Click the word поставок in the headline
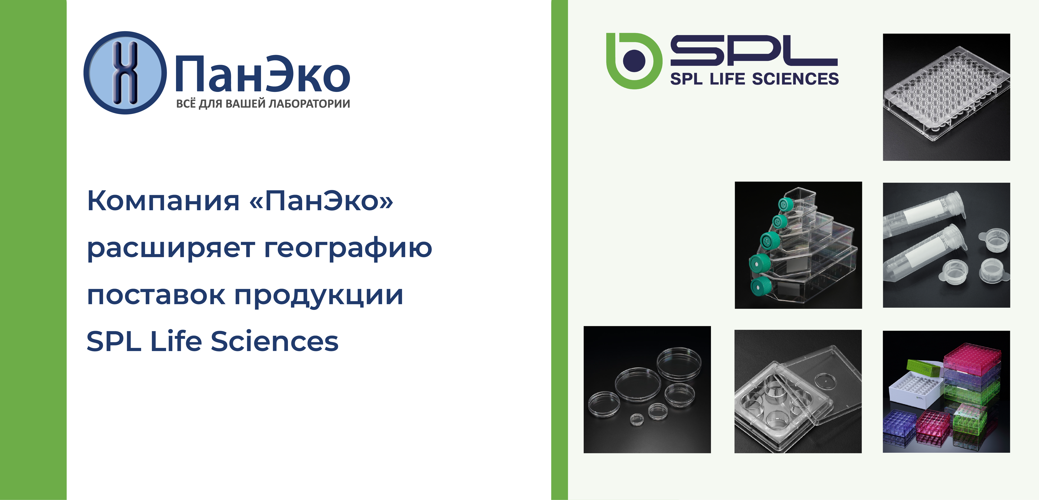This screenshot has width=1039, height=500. (x=156, y=295)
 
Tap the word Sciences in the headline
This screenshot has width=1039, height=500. (x=274, y=341)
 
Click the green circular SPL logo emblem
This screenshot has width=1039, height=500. (x=634, y=60)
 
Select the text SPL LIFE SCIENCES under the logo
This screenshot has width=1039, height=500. (x=754, y=79)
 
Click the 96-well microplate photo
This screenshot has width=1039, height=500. (x=946, y=97)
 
